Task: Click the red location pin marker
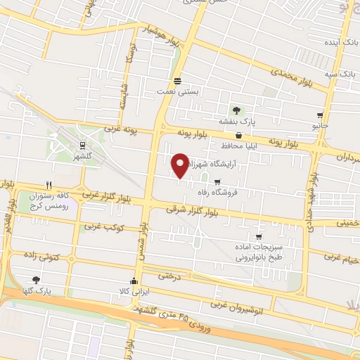coord(179,165)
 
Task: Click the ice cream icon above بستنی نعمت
coord(177,80)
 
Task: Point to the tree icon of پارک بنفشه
coord(236,110)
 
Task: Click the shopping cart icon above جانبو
coord(320,115)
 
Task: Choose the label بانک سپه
coord(340,74)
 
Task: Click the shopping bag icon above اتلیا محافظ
coord(239,134)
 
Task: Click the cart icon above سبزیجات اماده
coord(259,236)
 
